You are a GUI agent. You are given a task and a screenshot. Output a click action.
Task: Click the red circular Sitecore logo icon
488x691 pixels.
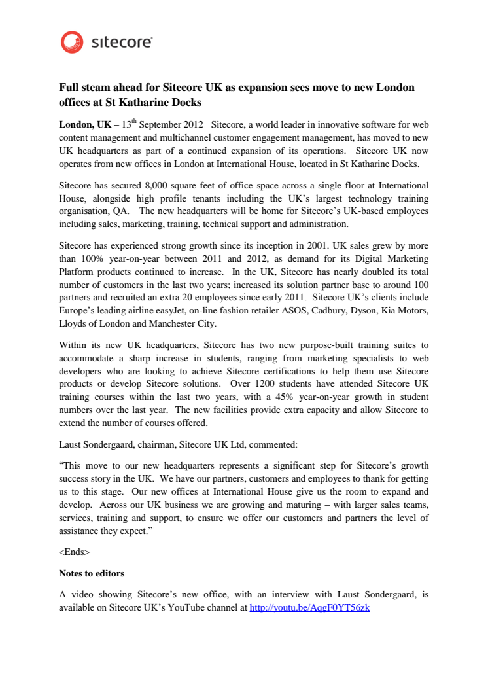(72, 43)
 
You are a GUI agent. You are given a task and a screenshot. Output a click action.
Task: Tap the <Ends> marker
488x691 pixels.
(74, 552)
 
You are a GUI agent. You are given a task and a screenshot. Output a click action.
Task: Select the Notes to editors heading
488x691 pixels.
(92, 573)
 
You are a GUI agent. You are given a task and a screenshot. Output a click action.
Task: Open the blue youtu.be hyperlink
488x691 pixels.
(309, 607)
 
